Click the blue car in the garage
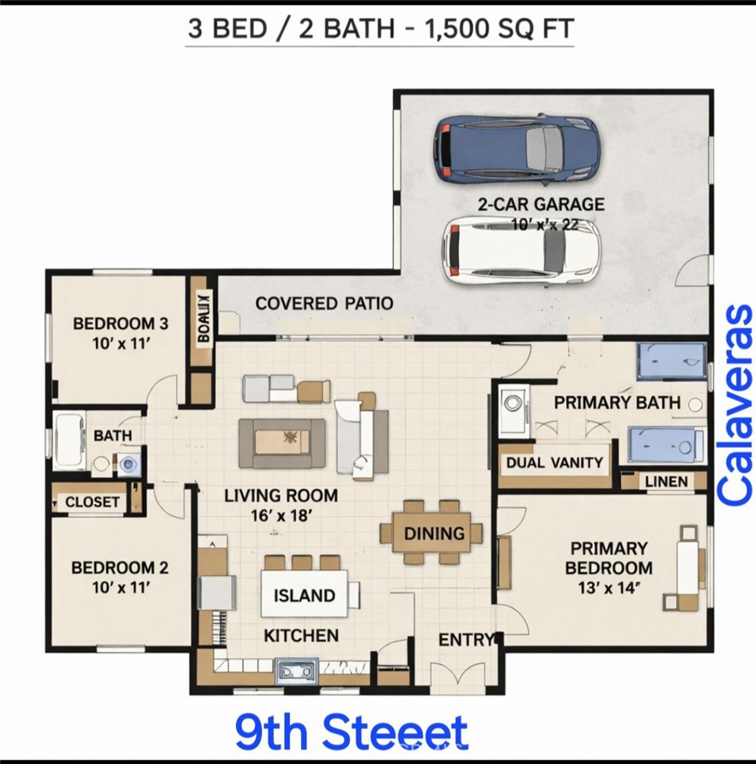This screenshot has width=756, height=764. coord(516,149)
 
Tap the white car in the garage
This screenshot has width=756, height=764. coord(520,250)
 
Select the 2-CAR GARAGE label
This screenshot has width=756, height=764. coord(541,205)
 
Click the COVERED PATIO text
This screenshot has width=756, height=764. coord(324,303)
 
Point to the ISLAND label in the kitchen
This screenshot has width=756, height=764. coord(305,596)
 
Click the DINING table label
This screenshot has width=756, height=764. coord(434,533)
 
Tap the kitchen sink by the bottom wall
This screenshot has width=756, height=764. coord(297,670)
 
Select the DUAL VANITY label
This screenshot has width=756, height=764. coord(555,463)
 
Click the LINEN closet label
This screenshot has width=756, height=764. coord(666,482)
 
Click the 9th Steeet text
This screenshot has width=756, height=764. coord(352,733)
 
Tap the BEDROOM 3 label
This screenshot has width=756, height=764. coord(119,323)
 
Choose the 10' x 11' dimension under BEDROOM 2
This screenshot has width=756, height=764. coord(119,587)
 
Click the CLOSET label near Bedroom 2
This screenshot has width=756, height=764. coord(93,502)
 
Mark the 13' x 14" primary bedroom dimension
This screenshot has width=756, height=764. coord(608,588)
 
